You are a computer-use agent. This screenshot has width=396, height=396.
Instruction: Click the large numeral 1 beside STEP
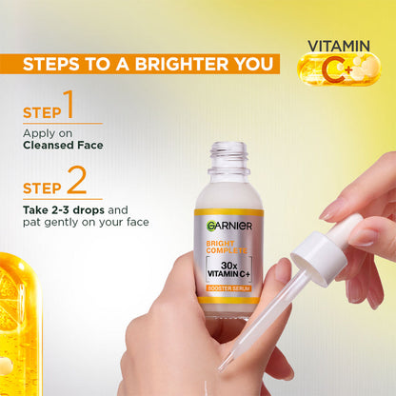click(x=68, y=104)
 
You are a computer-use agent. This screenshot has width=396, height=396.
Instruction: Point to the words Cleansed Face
click(x=63, y=146)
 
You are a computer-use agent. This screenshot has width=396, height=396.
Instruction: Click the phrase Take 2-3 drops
click(x=59, y=208)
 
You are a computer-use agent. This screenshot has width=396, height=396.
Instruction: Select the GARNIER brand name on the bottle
click(x=228, y=226)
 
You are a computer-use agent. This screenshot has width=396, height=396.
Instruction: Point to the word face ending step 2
click(x=136, y=222)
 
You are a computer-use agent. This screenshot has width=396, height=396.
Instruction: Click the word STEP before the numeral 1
click(x=40, y=112)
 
